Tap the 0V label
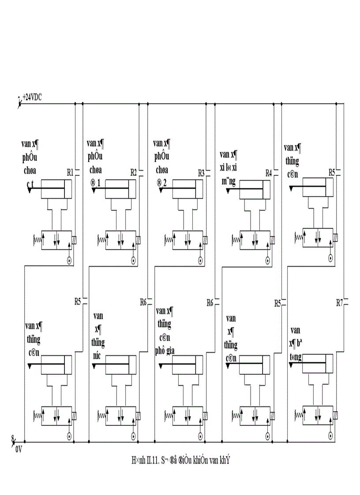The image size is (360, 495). tap(19, 450)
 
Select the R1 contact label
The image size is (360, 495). tap(70, 172)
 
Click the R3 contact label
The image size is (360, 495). tap(201, 173)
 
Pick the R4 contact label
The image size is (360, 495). tap(268, 173)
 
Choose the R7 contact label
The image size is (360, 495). tap(339, 303)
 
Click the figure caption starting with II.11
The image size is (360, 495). tap(181, 461)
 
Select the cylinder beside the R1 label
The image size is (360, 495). tap(56, 189)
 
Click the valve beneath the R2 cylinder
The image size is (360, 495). tap(120, 240)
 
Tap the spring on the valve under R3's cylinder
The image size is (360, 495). tap(168, 240)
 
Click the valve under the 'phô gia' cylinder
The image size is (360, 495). tap(187, 416)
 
